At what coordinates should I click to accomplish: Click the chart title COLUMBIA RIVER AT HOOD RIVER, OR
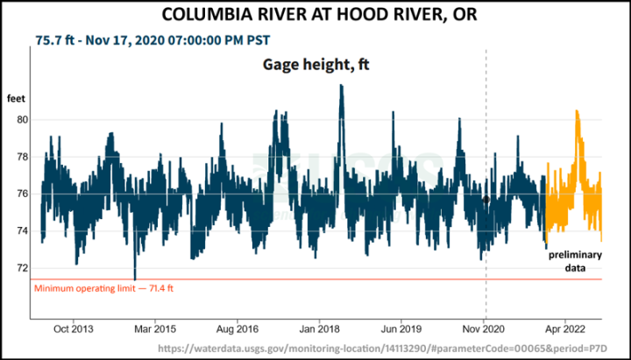pos(315,15)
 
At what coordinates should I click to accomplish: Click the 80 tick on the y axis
pos(24,120)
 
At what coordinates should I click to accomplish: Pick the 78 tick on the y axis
pos(24,157)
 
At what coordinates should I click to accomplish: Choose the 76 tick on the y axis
pos(24,194)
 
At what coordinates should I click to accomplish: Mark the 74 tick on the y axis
pos(24,231)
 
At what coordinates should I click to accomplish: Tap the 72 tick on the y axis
pos(24,268)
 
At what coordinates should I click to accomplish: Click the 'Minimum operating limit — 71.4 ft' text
pos(103,287)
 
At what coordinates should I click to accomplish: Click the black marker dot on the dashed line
pos(486,200)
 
